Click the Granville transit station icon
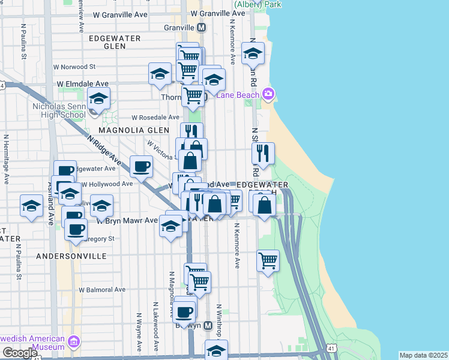pos(201,28)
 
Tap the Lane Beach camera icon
pos(268,94)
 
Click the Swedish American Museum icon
pos(74,342)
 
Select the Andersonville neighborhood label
pos(71,256)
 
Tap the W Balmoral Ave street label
pos(101,289)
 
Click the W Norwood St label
pos(74,67)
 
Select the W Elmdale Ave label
pos(83,84)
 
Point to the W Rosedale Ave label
pos(155,118)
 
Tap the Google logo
pos(19,352)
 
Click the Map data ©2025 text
pos(423,355)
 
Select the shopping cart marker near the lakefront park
pos(267,260)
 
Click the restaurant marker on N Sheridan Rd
pos(263,153)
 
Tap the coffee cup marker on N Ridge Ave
pos(141,166)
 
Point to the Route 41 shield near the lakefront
pos(331,347)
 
